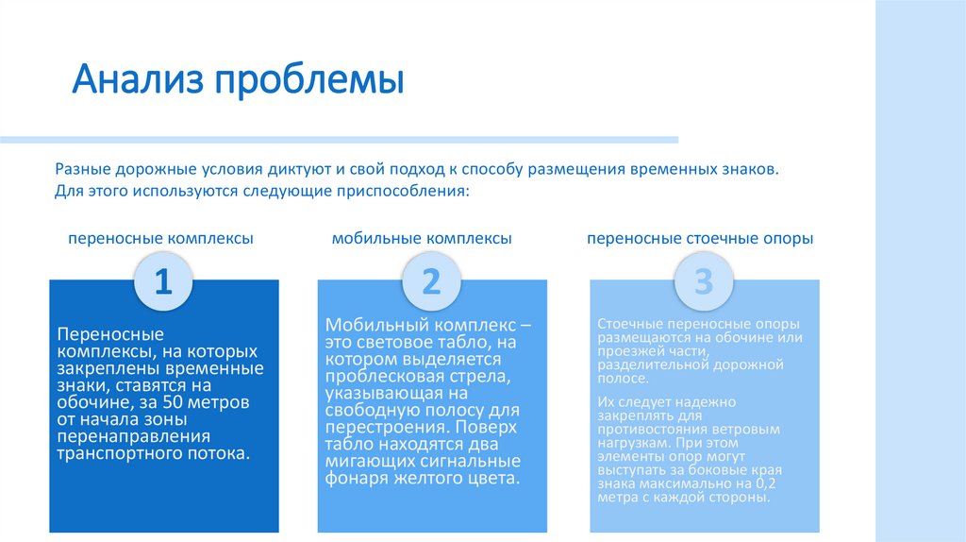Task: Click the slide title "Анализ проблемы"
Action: click(x=239, y=80)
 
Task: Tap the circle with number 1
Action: click(x=163, y=281)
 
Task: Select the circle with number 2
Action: click(x=431, y=281)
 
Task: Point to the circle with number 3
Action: click(x=703, y=281)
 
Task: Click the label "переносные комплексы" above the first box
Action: click(x=160, y=239)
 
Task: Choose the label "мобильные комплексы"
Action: click(x=422, y=239)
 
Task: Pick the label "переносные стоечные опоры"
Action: click(x=700, y=239)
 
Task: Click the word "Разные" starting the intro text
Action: click(x=82, y=169)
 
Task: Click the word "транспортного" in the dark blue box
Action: click(x=110, y=453)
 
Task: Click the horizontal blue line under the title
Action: click(x=339, y=140)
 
